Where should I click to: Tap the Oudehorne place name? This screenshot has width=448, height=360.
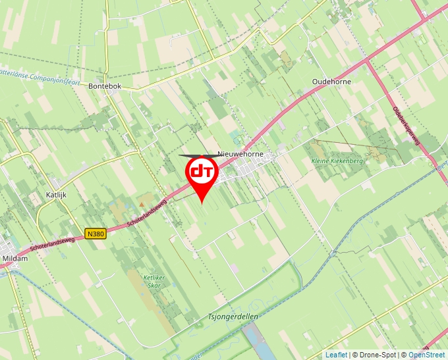coord(331,82)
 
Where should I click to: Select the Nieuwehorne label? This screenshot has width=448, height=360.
coord(240,154)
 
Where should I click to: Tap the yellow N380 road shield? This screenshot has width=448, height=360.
coord(96,234)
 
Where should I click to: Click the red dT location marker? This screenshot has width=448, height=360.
coord(200,173)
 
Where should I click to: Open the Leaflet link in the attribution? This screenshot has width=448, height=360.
coord(336,355)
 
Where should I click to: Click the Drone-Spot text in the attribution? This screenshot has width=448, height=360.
coord(378,355)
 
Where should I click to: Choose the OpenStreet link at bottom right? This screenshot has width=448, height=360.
coord(428,355)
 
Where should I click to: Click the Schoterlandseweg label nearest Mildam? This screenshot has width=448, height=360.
coord(53,245)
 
